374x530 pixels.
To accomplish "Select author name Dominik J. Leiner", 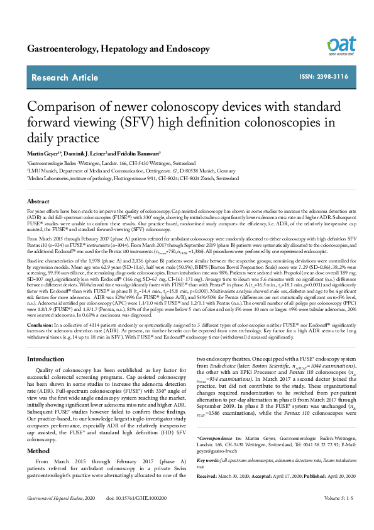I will [90, 154].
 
